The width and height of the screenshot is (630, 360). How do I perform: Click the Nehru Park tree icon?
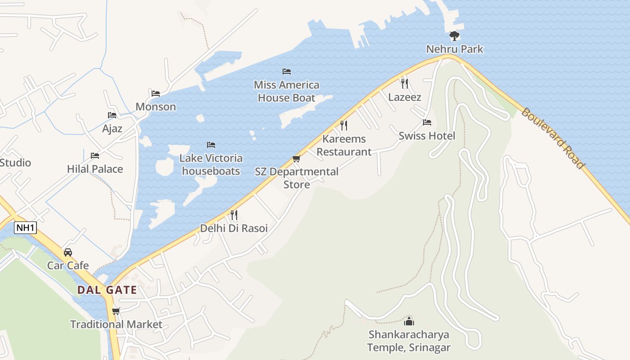(454, 36)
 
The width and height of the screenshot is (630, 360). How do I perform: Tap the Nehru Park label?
(454, 49)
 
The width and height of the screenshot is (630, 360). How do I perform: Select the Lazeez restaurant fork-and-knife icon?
(405, 83)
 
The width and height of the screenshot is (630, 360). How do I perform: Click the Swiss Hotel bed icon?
(427, 122)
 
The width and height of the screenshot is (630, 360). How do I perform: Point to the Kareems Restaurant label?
(344, 145)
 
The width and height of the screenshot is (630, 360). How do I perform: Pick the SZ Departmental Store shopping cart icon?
(296, 158)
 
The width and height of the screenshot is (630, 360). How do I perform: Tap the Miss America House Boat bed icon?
(286, 72)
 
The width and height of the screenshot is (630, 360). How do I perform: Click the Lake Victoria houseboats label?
(211, 165)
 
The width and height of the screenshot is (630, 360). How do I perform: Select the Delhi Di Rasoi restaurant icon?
(234, 215)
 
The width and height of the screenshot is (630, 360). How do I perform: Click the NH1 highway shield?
(25, 228)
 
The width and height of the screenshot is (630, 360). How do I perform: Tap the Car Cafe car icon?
(68, 252)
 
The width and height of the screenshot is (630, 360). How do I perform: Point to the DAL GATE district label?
(107, 290)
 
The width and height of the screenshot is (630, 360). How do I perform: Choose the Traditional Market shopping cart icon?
(116, 311)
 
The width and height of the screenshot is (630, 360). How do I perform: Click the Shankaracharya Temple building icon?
(409, 321)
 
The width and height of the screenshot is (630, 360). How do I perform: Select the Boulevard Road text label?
(553, 138)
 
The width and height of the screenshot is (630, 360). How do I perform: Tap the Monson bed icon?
(156, 94)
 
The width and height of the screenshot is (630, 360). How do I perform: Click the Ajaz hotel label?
(112, 129)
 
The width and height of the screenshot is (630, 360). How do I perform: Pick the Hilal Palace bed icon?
(95, 156)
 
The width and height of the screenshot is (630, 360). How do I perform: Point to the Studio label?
(15, 163)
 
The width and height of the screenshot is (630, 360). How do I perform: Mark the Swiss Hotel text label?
(427, 136)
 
